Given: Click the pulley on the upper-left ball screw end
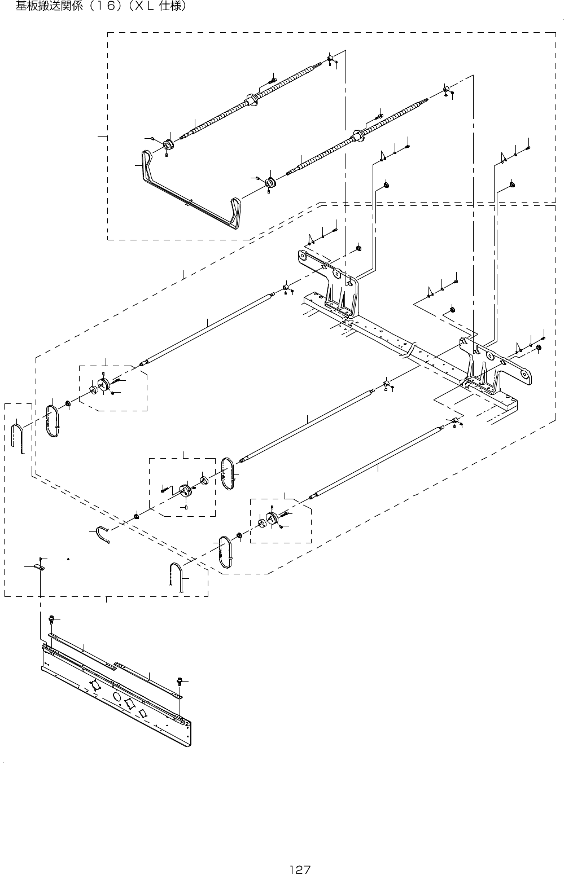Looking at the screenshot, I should [168, 145].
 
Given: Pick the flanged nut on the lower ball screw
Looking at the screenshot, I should [356, 135].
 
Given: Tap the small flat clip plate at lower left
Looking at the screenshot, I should [38, 567].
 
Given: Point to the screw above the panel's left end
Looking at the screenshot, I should [52, 619].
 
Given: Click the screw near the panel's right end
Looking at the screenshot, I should [180, 682].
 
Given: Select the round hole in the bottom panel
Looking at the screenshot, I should [117, 697].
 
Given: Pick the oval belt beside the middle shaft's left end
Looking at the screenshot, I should [228, 474].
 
